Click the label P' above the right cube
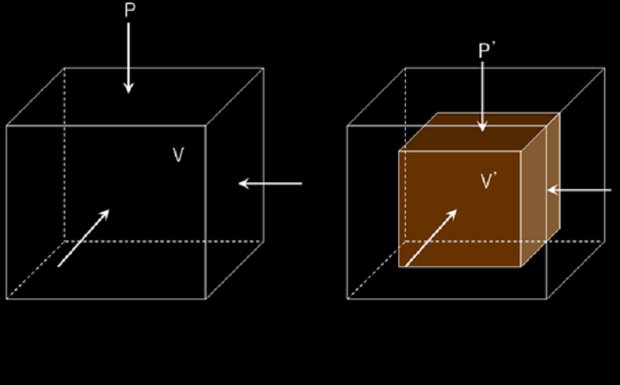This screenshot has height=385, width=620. coord(485,50)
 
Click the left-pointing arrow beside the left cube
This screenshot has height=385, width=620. coord(269,183)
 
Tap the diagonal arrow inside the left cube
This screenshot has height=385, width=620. coord(83,238)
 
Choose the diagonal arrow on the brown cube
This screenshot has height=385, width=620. coord(432,237)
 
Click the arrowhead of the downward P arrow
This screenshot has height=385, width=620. coord(128,87)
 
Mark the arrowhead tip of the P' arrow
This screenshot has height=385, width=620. coord(483,131)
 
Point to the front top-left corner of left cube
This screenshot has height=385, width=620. coord(7,126)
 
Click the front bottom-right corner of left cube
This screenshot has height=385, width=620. coord(206,299)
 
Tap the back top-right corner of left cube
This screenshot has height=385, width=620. coord(264,68)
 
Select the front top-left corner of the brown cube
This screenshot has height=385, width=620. coord(399,151)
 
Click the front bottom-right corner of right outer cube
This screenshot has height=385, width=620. coord(546,299)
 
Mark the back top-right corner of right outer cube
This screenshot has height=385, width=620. coord(604,68)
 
